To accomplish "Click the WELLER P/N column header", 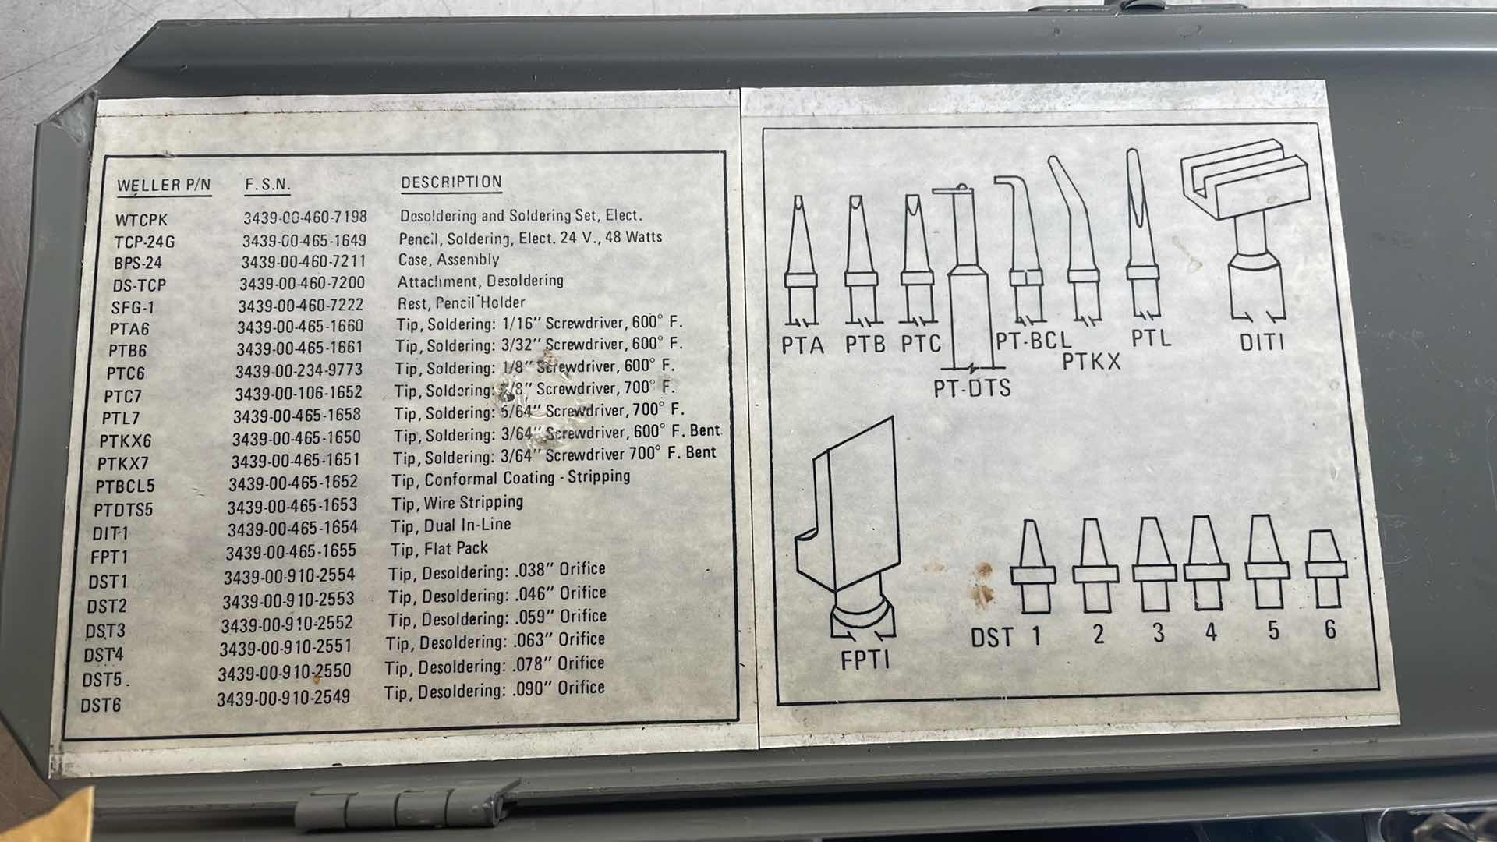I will tap(164, 186).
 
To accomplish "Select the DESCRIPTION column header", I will tap(451, 182).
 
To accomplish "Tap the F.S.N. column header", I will tap(267, 185).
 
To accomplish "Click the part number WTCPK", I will tap(141, 221).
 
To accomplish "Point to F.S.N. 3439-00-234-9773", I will tap(299, 370).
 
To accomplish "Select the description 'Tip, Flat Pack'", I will tap(439, 549).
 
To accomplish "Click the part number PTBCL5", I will tap(125, 486).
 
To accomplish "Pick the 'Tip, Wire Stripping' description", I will tap(457, 503).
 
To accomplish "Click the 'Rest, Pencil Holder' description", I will tap(460, 302).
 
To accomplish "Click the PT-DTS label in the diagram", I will tap(971, 387).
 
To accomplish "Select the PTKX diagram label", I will tap(1091, 362).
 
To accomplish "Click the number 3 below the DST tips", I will tap(1158, 632).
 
